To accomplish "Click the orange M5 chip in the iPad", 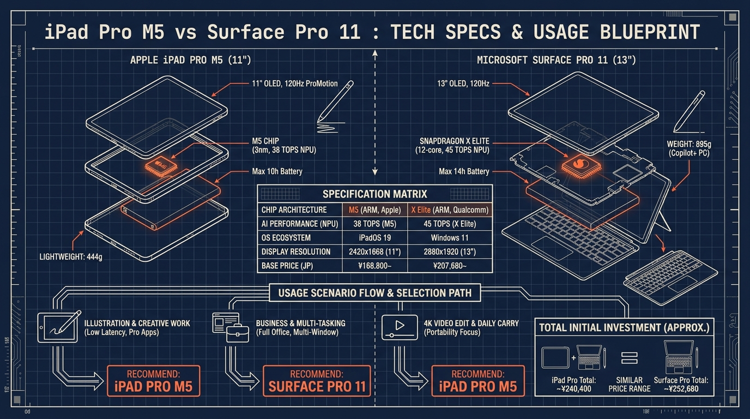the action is click(161, 166).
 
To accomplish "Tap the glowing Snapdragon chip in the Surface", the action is click(580, 165).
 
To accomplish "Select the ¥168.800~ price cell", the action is click(374, 266).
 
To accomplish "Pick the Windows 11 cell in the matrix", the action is click(450, 238).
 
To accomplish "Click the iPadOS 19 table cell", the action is click(374, 238).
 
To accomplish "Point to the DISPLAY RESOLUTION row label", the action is click(296, 252).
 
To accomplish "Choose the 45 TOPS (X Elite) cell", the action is click(450, 224).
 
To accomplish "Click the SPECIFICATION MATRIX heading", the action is click(374, 194).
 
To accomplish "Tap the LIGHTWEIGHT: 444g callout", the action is click(71, 257).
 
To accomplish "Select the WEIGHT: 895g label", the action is click(689, 144).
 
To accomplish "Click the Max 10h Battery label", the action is click(277, 172).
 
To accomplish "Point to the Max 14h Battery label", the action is click(464, 172).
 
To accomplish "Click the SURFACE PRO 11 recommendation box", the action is click(317, 381).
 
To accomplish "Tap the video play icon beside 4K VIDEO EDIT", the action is click(400, 327).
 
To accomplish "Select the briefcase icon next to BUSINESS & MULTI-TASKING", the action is click(238, 333).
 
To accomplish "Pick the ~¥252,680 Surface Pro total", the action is click(681, 389).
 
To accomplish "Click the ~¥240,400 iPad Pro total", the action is click(574, 389).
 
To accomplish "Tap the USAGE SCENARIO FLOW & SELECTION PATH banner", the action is click(375, 293).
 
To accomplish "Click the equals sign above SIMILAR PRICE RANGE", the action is click(630, 358).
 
